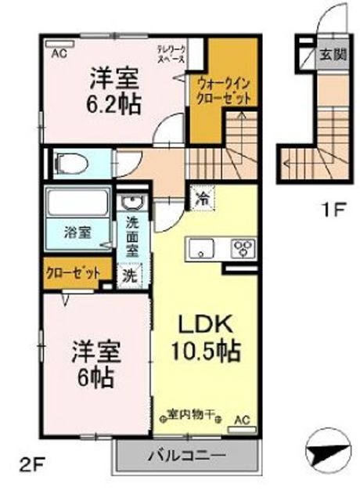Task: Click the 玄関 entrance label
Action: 327,56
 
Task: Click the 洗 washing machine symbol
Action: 129,275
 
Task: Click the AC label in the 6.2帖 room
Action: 59,54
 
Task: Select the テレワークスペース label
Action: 171,54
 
